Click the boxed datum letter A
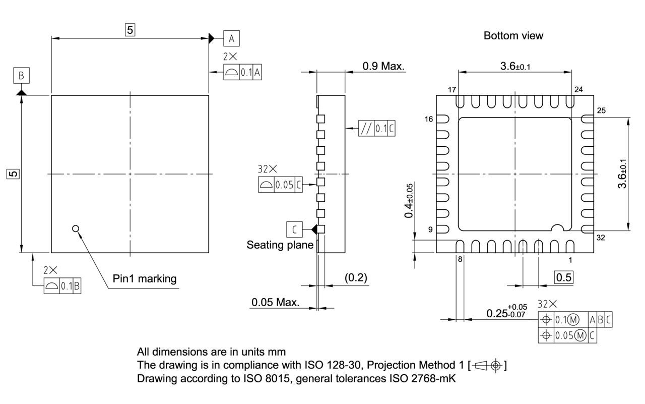231,38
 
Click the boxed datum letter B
21,76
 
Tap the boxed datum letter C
294,229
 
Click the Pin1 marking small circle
76,228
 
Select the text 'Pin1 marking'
145,278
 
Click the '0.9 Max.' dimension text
383,66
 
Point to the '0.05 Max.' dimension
275,303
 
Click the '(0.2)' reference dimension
356,277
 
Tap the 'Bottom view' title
513,36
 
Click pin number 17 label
451,90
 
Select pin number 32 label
587,238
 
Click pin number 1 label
570,260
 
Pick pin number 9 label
430,230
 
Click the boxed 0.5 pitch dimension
564,277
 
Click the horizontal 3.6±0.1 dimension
514,66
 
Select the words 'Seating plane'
280,245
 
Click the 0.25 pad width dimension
506,313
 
